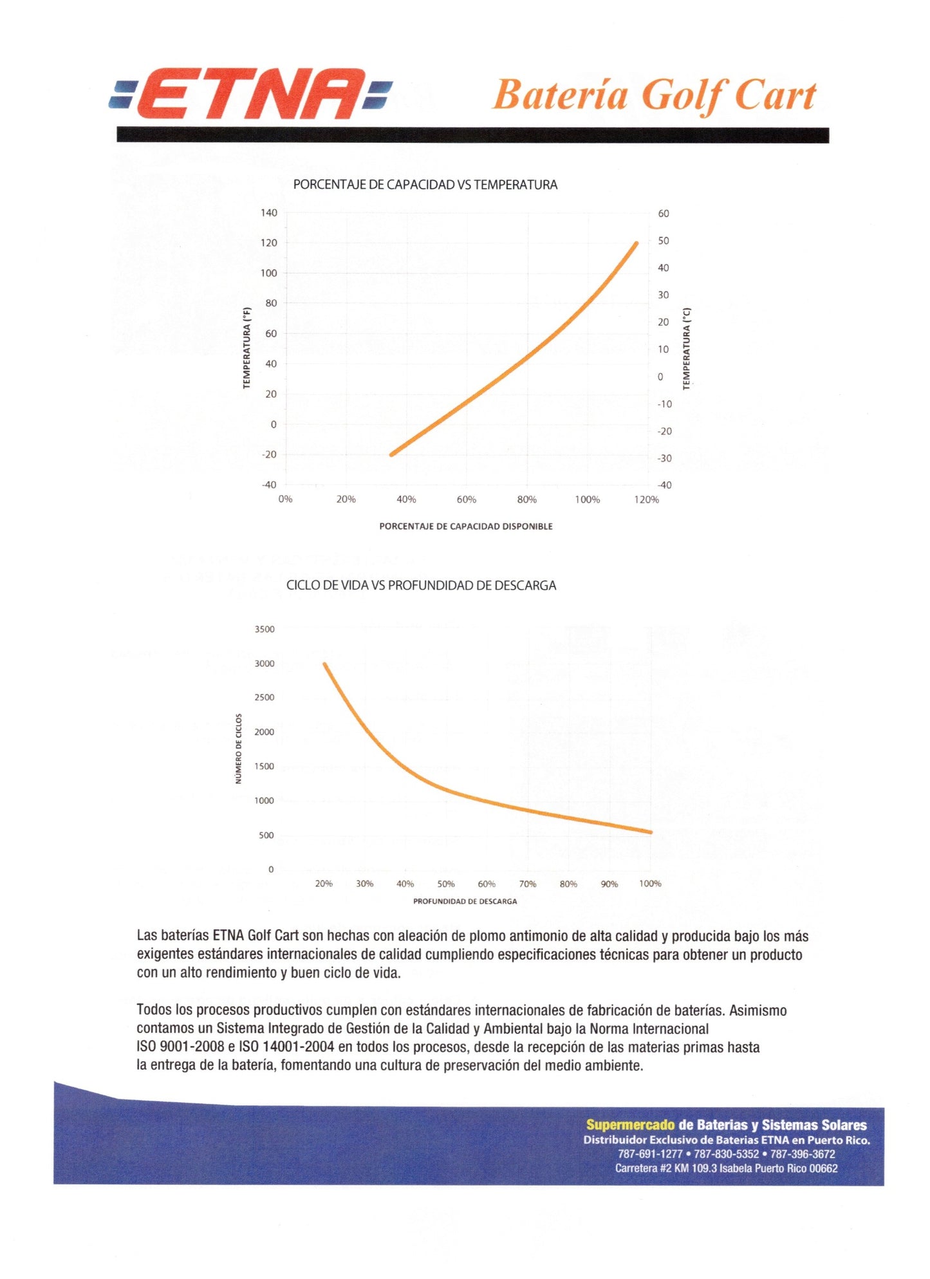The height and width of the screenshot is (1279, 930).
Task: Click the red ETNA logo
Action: (250, 94)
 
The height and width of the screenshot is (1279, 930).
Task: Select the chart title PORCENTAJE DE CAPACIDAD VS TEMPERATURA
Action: (425, 185)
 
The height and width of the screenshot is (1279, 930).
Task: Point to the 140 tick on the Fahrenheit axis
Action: (269, 213)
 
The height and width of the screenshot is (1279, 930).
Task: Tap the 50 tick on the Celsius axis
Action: (663, 241)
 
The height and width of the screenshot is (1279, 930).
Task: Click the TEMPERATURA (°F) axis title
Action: (246, 348)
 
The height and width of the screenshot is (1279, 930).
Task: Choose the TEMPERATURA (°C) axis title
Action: (686, 348)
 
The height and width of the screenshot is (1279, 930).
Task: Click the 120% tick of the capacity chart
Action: (646, 499)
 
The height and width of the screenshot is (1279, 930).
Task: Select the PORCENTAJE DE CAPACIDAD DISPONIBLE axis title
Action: (465, 527)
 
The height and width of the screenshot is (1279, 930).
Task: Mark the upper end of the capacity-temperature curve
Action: (637, 243)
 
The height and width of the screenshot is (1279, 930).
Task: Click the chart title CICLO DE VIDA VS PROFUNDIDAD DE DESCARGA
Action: (421, 586)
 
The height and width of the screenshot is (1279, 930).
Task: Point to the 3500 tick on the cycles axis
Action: (265, 630)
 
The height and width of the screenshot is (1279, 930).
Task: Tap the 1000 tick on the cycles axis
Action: (265, 801)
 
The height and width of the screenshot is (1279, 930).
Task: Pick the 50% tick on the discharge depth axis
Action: (446, 884)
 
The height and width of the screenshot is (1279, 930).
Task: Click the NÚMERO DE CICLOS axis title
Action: (239, 748)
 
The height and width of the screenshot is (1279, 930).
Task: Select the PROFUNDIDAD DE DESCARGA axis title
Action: (465, 901)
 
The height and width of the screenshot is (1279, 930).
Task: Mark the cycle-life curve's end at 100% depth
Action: (651, 832)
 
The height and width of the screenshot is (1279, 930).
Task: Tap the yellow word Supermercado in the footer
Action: (630, 1125)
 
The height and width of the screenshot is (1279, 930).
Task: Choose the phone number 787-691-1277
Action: (650, 1154)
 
